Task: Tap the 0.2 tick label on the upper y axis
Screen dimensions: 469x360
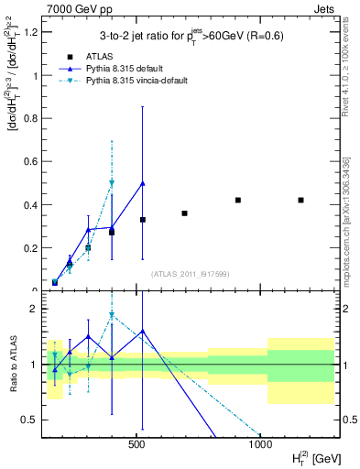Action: [x=30, y=248]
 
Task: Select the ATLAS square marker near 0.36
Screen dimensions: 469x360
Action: [x=184, y=213]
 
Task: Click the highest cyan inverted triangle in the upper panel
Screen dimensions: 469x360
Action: [x=112, y=183]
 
